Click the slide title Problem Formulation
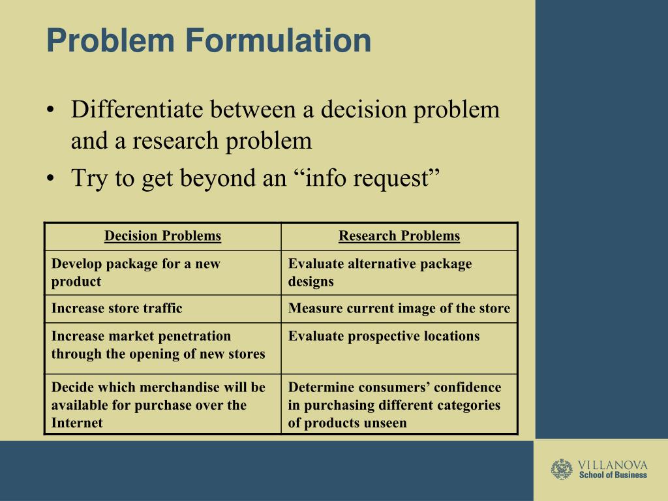click(x=208, y=40)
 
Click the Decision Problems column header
click(x=162, y=236)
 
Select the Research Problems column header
click(x=399, y=236)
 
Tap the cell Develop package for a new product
click(x=136, y=273)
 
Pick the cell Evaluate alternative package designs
click(x=380, y=273)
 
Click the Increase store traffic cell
click(x=117, y=309)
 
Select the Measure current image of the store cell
click(x=399, y=309)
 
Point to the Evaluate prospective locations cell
click(x=384, y=337)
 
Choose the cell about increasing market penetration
click(x=158, y=345)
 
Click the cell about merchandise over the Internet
click(x=158, y=405)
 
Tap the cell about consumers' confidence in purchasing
click(x=395, y=405)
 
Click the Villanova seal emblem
click(x=562, y=470)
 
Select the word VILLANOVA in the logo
click(x=613, y=465)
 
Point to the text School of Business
click(x=613, y=476)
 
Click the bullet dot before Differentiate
click(x=51, y=110)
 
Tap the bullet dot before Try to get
click(x=51, y=178)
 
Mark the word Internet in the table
click(x=77, y=423)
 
